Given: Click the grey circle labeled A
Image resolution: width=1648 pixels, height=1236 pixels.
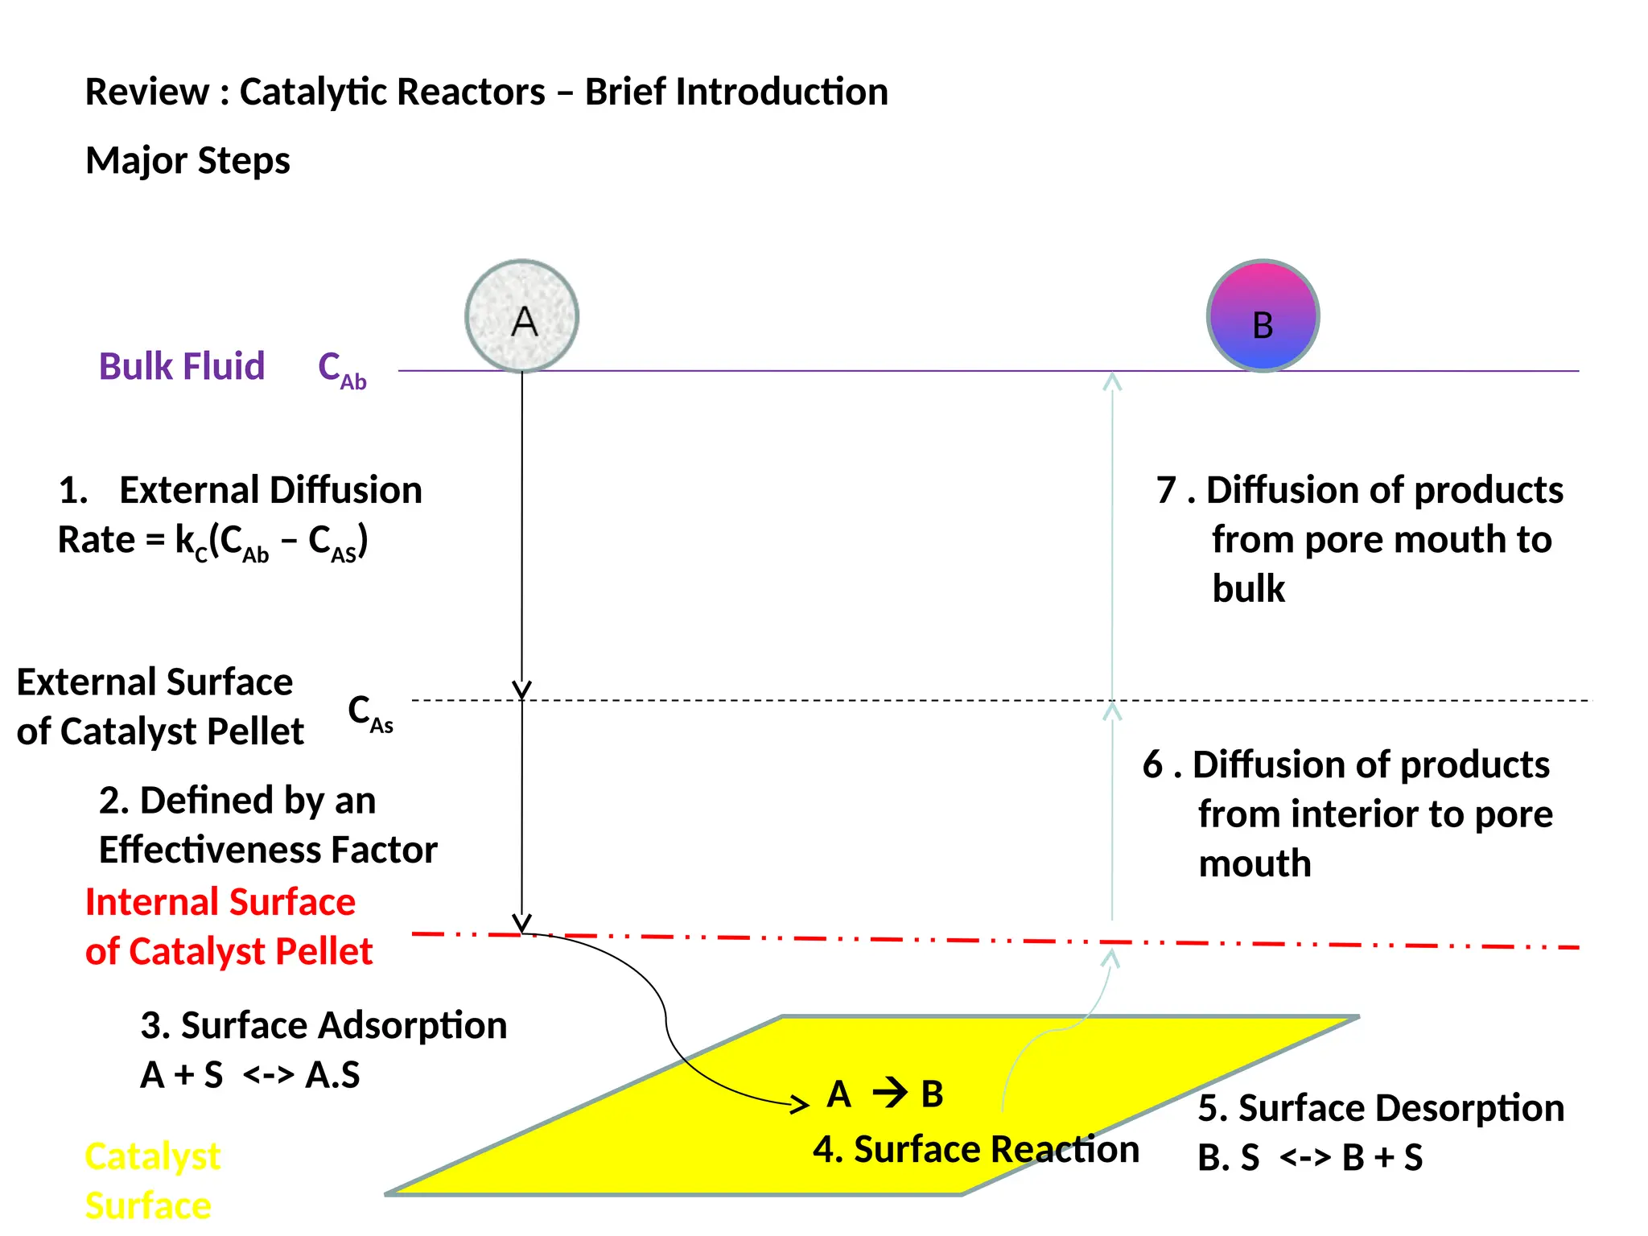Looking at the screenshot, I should click(x=521, y=316).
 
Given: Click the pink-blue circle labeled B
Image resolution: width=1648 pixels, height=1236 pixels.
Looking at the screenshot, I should click(x=1263, y=316).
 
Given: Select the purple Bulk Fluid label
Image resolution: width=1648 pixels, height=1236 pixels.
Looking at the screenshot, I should click(x=182, y=367).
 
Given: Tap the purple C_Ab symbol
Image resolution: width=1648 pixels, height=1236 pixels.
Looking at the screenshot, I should click(x=342, y=370).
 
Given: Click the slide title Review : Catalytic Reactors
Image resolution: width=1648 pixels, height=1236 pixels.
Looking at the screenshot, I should click(x=486, y=92).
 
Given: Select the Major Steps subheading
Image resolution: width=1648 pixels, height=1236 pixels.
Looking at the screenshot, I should click(x=187, y=160).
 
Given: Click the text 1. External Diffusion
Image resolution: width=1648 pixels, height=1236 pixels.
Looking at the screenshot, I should click(x=241, y=490).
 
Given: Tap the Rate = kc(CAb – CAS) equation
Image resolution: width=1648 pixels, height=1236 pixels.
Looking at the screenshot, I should click(x=213, y=541).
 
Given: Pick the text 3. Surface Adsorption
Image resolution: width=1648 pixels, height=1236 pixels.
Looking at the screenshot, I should click(x=323, y=1025).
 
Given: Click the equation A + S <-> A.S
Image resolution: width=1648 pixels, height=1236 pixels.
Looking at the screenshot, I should click(x=250, y=1075).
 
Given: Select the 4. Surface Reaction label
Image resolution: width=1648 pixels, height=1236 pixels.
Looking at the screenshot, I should click(x=975, y=1149).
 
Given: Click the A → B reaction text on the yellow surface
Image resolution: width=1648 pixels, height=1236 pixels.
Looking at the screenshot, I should click(x=885, y=1094).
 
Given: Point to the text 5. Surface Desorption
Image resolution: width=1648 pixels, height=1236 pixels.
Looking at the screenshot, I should click(x=1381, y=1108).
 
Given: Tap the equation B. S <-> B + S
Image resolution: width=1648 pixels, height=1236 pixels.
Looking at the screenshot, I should click(x=1310, y=1158).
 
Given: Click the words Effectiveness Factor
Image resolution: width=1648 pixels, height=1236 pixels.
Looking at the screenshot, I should click(x=268, y=850).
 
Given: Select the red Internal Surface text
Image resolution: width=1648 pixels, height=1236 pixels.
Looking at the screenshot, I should click(x=220, y=902).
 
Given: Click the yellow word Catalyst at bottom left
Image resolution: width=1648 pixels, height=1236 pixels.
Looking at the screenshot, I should click(x=153, y=1157).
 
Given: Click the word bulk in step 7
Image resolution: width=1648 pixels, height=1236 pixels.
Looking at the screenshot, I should click(x=1248, y=589).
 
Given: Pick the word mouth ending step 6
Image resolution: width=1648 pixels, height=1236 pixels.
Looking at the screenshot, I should click(x=1255, y=864).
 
